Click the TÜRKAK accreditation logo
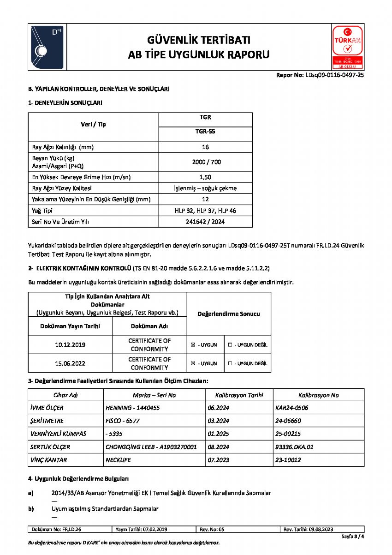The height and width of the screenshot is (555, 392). [347, 47]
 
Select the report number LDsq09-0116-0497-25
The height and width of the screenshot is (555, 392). [334, 75]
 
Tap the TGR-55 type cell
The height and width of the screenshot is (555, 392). [205, 131]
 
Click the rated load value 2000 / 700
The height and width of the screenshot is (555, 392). [205, 162]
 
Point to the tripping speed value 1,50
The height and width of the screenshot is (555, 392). [205, 177]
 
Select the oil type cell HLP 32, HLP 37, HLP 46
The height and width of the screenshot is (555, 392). [205, 211]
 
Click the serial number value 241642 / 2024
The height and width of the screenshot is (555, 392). [205, 222]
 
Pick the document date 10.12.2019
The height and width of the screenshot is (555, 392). [70, 345]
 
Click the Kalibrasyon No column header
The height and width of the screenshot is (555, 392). [318, 395]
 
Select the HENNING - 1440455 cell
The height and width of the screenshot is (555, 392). [133, 408]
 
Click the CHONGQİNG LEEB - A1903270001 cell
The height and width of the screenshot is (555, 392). [151, 447]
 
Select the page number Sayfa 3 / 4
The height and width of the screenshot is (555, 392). [353, 537]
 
